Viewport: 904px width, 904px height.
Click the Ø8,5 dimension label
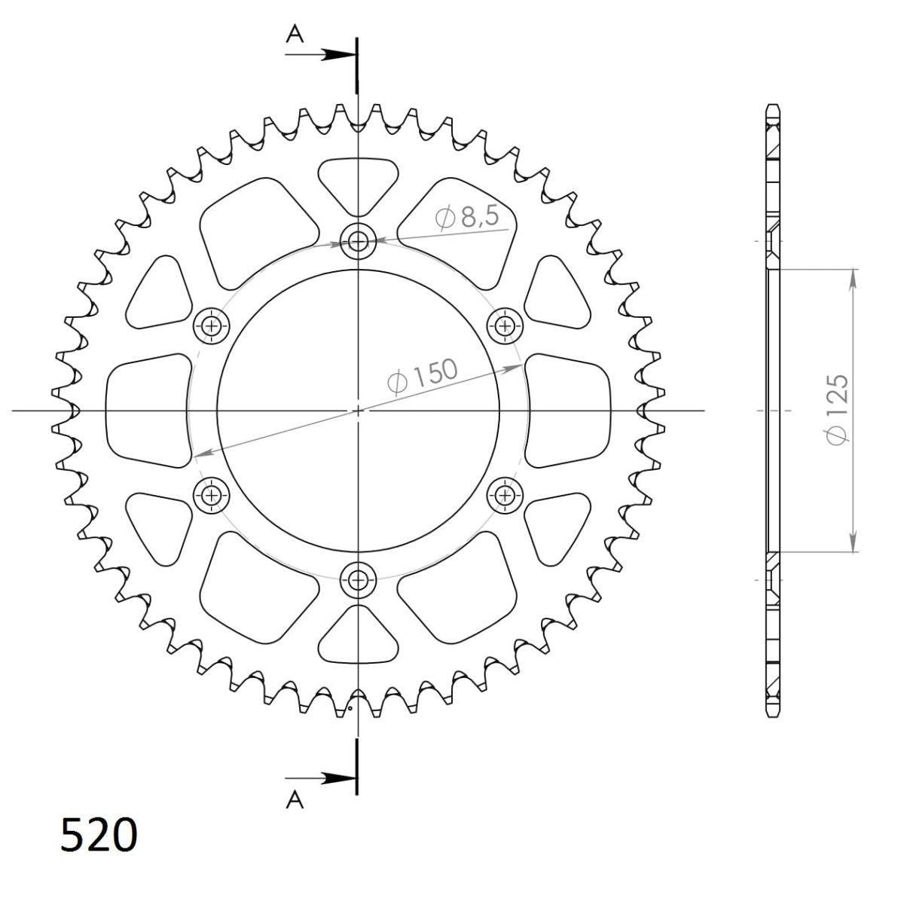pos(467,218)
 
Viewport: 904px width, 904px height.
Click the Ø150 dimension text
pos(422,376)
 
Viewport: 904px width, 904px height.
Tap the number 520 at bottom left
pos(99,835)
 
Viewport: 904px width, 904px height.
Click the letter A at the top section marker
pos(295,35)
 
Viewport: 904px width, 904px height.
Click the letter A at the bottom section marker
pos(295,801)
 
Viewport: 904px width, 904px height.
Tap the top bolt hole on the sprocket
pos(358,242)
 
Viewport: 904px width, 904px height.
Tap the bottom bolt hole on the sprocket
pos(358,579)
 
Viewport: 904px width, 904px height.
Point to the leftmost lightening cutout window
pos(148,411)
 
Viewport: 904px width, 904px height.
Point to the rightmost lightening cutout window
pos(567,411)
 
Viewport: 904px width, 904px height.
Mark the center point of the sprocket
pos(358,411)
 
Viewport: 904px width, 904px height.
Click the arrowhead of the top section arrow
pos(344,55)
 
